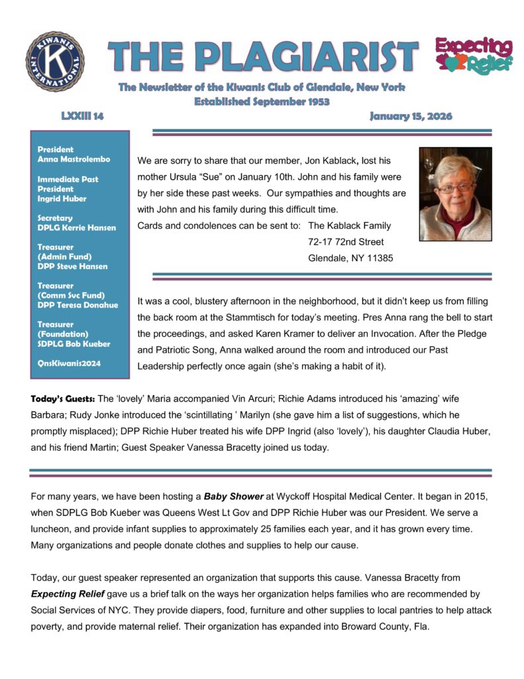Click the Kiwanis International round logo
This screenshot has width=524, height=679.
pos(55,61)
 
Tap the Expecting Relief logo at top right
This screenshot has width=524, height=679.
pos(473,56)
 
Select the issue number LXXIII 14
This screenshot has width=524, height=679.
pos(78,117)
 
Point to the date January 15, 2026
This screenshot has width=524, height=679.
pos(411,117)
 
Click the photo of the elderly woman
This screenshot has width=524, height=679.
pos(455,194)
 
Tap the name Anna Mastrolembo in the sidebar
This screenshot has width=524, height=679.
pos(74,159)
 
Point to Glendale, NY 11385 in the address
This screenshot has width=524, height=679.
pos(350,259)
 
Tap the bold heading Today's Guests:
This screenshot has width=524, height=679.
pos(62,399)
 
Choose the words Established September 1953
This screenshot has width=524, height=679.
pos(262,101)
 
